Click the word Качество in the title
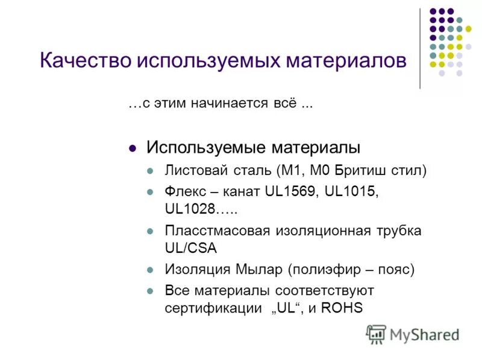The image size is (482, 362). point(84,60)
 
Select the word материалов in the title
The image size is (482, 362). point(341,60)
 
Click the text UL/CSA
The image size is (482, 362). point(190,247)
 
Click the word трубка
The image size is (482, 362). point(397,230)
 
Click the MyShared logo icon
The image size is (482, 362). point(376,334)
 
